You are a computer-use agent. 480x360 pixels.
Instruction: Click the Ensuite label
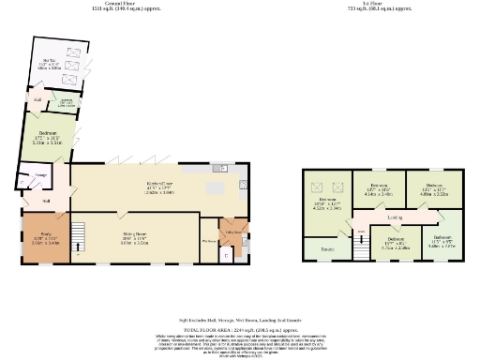pos(327,249)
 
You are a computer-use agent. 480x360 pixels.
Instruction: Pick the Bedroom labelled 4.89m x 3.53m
pos(434,188)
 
